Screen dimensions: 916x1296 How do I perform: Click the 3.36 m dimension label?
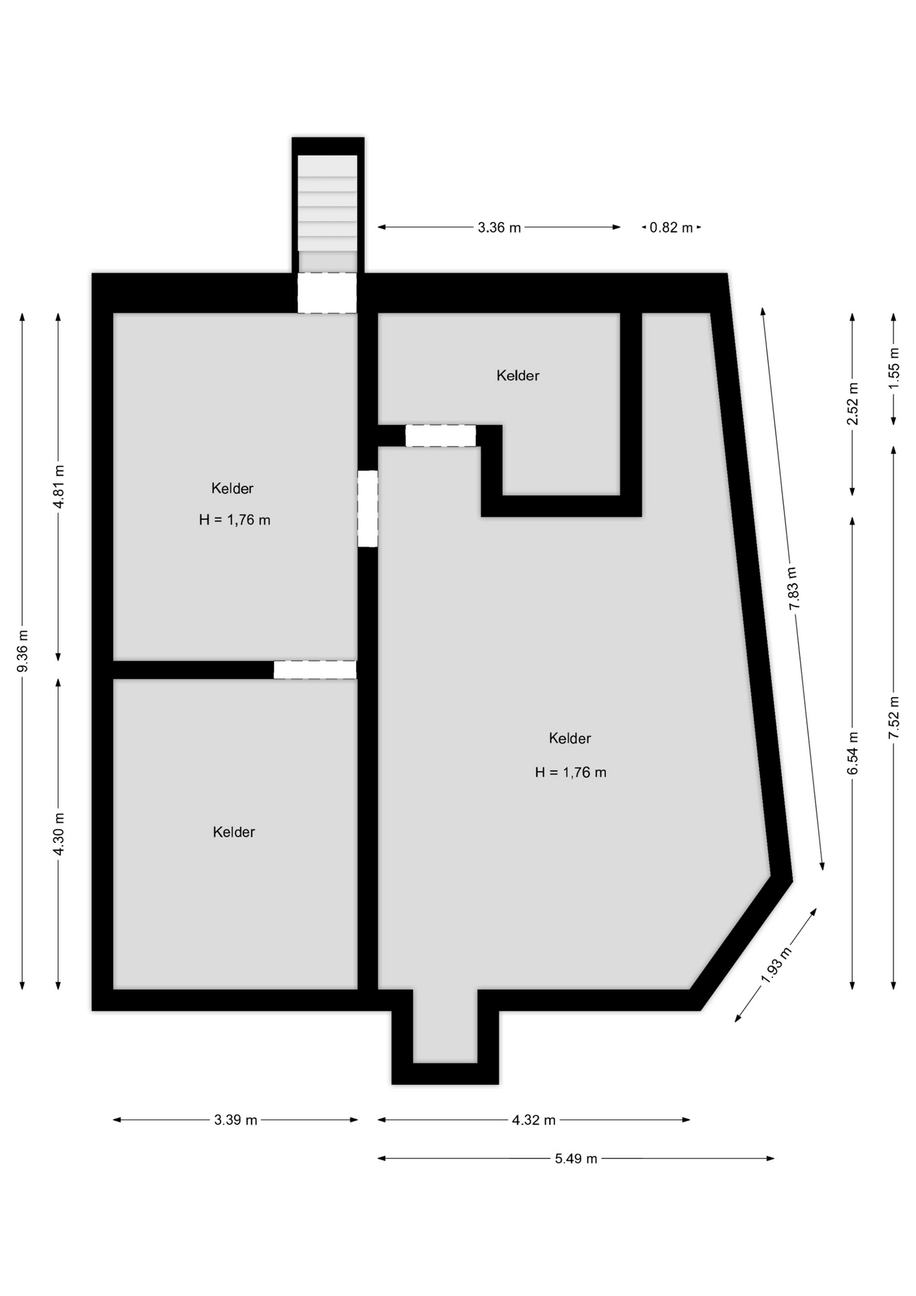point(499,227)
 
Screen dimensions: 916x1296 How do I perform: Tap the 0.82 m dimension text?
point(671,227)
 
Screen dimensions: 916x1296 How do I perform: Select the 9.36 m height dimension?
point(22,651)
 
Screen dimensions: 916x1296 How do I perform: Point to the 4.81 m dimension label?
point(59,487)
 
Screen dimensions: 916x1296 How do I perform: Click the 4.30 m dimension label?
point(59,833)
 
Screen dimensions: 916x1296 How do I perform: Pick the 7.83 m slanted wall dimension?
point(793,589)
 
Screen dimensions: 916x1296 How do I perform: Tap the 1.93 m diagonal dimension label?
point(776,965)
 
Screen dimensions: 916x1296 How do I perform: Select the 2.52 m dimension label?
point(853,404)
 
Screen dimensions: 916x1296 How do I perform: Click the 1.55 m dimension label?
point(894,368)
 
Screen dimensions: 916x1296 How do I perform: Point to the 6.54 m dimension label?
point(853,753)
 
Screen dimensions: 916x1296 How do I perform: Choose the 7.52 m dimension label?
point(894,718)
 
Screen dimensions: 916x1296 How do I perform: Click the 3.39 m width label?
point(236,1120)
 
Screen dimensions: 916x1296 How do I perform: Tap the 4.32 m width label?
point(534,1120)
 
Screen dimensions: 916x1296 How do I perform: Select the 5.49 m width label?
point(576,1158)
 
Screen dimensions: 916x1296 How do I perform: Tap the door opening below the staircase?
point(327,293)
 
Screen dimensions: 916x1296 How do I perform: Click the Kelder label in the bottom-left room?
point(234,832)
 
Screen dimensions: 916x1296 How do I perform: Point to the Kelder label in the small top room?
point(518,375)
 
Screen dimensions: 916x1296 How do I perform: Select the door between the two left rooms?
point(315,670)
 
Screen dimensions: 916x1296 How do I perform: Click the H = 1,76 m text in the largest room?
point(571,772)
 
